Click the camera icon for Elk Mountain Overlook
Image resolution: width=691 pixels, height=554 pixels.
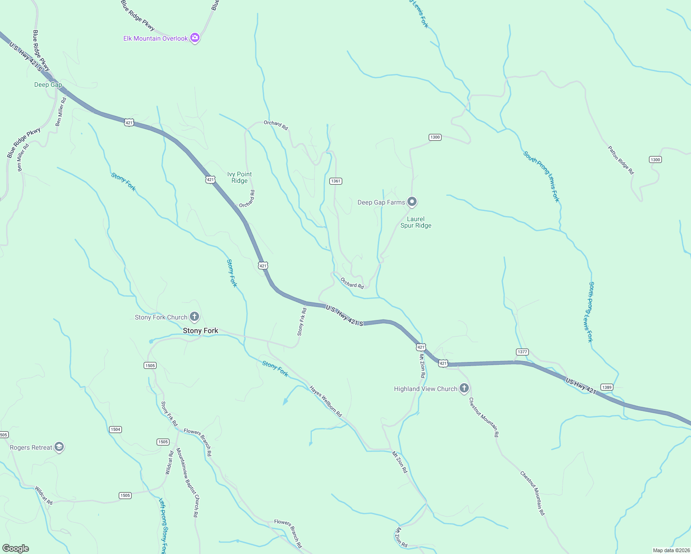click(195, 38)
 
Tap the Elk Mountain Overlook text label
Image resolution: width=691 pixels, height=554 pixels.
click(156, 38)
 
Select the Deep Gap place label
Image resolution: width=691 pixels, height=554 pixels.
click(48, 84)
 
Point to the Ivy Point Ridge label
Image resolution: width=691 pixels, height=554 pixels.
click(240, 177)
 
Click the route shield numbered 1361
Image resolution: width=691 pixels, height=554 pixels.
click(336, 181)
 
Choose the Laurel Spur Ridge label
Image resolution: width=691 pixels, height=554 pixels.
click(416, 223)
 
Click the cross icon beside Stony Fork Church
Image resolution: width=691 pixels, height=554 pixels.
click(194, 317)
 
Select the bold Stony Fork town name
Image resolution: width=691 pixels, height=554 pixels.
click(200, 331)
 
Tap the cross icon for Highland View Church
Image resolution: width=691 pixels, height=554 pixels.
click(464, 388)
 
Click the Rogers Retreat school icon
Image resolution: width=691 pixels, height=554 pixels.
click(59, 447)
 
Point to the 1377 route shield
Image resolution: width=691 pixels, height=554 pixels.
click(522, 352)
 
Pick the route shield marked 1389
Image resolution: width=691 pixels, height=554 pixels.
click(607, 387)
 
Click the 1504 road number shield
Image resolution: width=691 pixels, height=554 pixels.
click(115, 429)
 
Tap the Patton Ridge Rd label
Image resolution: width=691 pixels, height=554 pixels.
click(621, 160)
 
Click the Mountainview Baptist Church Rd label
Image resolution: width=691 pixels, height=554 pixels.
click(187, 482)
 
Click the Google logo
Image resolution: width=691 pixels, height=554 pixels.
click(16, 548)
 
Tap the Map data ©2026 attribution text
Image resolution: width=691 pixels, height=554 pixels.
click(671, 550)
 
